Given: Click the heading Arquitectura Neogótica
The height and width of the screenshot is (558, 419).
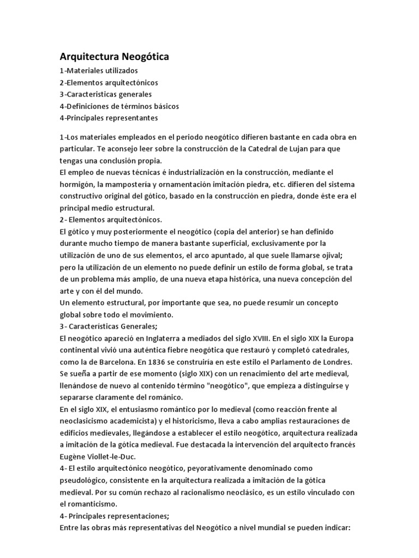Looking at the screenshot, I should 115,57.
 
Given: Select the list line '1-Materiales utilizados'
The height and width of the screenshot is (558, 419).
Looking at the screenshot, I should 99,71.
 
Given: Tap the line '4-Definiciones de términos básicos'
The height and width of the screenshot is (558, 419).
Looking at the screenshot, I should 119,106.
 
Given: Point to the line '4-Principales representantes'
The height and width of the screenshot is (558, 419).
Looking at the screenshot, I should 109,118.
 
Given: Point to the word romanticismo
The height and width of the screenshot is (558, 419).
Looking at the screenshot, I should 93,505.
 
